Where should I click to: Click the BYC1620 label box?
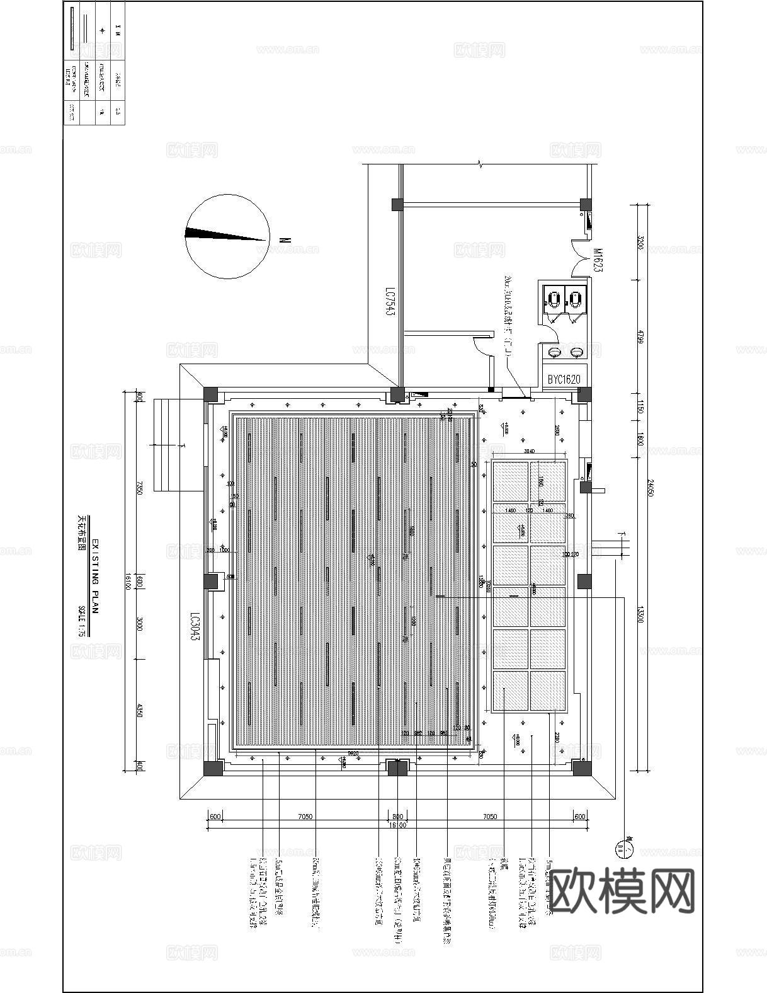[x=564, y=379]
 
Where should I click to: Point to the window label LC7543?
[x=390, y=302]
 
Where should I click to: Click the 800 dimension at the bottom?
[x=397, y=817]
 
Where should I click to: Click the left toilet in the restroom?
[x=554, y=299]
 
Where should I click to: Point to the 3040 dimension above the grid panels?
[x=529, y=451]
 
